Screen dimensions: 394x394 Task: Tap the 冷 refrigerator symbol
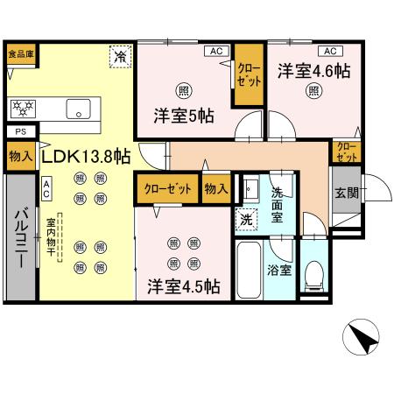(x=118, y=56)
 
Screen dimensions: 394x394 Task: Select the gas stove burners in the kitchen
(x=23, y=109)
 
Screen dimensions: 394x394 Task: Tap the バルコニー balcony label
(x=20, y=237)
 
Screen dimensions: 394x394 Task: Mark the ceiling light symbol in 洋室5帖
(x=182, y=89)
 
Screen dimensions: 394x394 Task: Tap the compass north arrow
(x=362, y=337)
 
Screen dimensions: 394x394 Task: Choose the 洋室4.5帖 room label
(x=183, y=286)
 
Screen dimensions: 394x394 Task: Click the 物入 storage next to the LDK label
(x=20, y=157)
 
